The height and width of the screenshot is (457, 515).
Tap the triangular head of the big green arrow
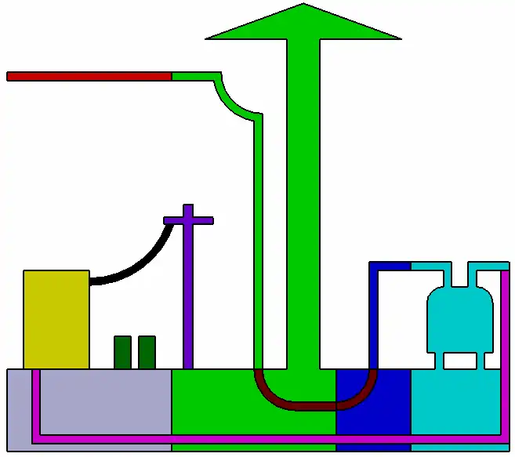tap(303, 24)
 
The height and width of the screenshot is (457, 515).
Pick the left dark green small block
tap(122, 352)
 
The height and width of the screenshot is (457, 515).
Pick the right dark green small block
tap(147, 352)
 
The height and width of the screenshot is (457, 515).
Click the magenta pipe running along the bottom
tap(235, 438)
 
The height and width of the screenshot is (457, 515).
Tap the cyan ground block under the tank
tap(455, 400)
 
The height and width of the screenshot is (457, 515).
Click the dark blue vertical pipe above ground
tap(374, 314)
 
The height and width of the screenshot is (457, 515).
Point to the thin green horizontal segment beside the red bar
tap(192, 76)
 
